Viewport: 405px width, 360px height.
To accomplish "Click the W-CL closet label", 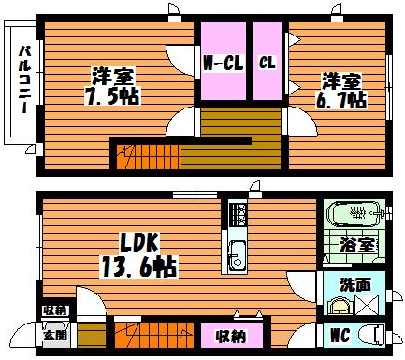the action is click(223, 64).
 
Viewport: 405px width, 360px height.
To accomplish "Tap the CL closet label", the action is click(268, 63).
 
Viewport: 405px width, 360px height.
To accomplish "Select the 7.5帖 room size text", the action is click(112, 96).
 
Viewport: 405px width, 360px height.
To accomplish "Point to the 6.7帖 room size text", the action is click(340, 100).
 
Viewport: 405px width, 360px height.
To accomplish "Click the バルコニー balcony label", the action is click(24, 79).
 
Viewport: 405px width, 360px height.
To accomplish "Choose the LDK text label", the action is click(139, 242).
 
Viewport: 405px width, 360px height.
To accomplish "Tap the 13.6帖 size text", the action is click(138, 266).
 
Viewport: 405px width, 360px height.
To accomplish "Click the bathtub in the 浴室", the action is click(354, 213).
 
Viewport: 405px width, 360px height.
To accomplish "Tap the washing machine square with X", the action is click(368, 305).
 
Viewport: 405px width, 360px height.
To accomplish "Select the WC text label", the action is click(340, 336).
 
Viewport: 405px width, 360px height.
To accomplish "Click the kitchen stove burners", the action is click(239, 214).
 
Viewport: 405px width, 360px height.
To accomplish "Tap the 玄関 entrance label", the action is click(55, 336).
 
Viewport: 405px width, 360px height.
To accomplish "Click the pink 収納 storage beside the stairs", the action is click(232, 336).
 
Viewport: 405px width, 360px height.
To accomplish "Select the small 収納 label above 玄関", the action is click(55, 310).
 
